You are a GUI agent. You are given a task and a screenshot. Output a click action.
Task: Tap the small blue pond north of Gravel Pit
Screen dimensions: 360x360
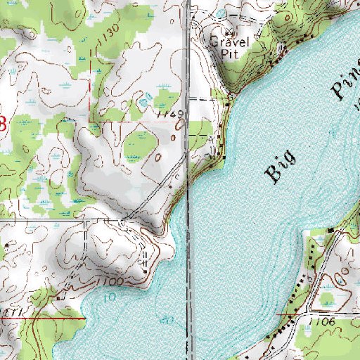[218, 14]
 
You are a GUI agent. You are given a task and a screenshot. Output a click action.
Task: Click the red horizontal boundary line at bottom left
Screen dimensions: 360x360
[42, 317]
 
